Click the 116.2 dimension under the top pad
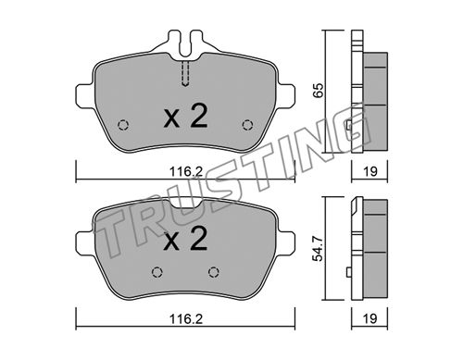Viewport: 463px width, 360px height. coord(186,172)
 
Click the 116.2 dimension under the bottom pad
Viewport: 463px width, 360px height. coord(186,319)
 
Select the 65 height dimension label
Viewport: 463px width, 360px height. coord(319,90)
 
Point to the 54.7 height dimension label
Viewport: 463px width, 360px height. coord(318,248)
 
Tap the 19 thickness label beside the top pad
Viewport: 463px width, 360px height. coord(370,171)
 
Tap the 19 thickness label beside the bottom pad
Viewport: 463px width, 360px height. coord(370,318)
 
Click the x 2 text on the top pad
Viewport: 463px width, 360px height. coord(185,117)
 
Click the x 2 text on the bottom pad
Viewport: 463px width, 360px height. coord(185,238)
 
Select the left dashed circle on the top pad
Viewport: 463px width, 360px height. coord(123,125)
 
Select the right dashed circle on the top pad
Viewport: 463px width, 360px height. coord(247,125)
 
